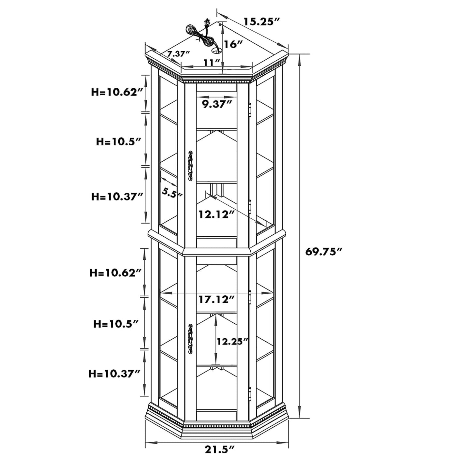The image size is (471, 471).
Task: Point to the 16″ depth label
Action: pyautogui.click(x=233, y=44)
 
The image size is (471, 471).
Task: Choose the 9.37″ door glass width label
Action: pyautogui.click(x=217, y=104)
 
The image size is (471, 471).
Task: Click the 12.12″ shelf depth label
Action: pyautogui.click(x=216, y=214)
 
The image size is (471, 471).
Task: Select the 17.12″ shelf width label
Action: pyautogui.click(x=216, y=299)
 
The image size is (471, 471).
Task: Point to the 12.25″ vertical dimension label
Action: pyautogui.click(x=232, y=341)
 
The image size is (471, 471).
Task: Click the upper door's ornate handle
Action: pyautogui.click(x=190, y=166)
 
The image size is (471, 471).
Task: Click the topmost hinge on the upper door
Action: pyautogui.click(x=250, y=109)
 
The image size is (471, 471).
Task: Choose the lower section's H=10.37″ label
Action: pyautogui.click(x=114, y=374)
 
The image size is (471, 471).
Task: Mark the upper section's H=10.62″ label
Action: pyautogui.click(x=117, y=92)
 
